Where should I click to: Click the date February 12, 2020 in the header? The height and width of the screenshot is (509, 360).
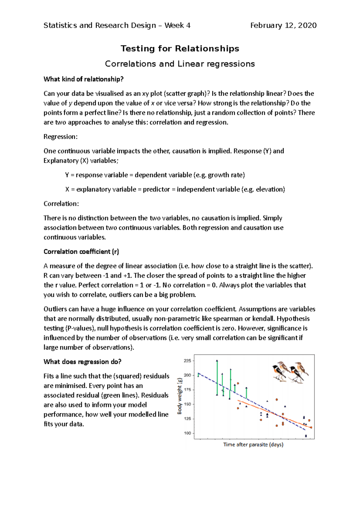(x=283, y=25)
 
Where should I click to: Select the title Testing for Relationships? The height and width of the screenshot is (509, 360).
(x=180, y=49)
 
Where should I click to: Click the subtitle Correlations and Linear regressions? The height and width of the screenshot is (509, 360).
(x=180, y=64)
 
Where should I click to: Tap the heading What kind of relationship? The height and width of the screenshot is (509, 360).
(x=83, y=79)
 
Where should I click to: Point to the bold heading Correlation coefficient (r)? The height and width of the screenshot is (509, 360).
(x=81, y=252)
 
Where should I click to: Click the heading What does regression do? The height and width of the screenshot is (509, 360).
(x=82, y=362)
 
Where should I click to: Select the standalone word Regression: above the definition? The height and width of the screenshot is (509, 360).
(x=60, y=137)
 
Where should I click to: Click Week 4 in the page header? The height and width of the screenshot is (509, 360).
(x=177, y=25)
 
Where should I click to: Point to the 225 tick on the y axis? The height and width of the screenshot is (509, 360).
(x=187, y=361)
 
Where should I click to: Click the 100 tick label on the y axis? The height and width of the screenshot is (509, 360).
(x=187, y=433)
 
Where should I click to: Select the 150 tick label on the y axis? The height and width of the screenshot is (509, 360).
(x=187, y=404)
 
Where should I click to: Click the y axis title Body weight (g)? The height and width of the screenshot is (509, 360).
(x=180, y=396)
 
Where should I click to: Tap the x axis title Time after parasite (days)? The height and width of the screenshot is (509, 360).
(x=253, y=445)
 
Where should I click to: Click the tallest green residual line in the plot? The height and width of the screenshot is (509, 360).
(x=217, y=378)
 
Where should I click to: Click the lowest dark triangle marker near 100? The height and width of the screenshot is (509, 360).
(x=306, y=436)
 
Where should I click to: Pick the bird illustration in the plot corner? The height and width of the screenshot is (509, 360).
(x=290, y=372)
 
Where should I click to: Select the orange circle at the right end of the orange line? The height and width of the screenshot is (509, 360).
(x=311, y=427)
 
